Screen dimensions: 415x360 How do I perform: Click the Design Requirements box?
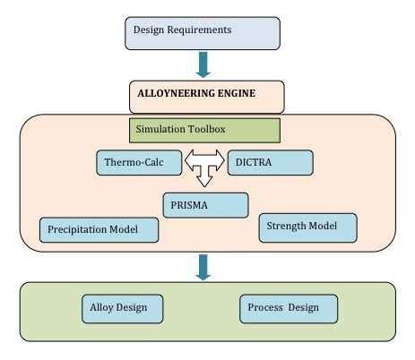pyautogui.click(x=203, y=33)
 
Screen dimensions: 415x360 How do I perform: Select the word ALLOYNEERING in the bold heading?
pyautogui.click(x=176, y=93)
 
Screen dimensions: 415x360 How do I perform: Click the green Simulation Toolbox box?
pyautogui.click(x=204, y=131)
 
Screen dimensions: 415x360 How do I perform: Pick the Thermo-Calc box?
pyautogui.click(x=139, y=163)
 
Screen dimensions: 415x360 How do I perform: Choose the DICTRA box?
pyautogui.click(x=271, y=163)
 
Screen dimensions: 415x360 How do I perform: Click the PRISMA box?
pyautogui.click(x=205, y=205)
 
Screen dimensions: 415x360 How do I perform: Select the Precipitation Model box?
pyautogui.click(x=99, y=230)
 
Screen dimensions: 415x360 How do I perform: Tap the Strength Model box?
pyautogui.click(x=307, y=227)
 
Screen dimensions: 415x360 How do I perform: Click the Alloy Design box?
pyautogui.click(x=123, y=309)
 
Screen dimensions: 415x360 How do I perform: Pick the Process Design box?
pyautogui.click(x=289, y=309)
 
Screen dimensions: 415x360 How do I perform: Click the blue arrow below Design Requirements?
pyautogui.click(x=203, y=64)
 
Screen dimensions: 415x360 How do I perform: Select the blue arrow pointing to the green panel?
pyautogui.click(x=203, y=268)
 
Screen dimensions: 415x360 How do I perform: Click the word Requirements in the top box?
pyautogui.click(x=199, y=30)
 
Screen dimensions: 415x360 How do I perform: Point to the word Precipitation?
pyautogui.click(x=77, y=229)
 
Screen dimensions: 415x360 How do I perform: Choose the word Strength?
pyautogui.click(x=286, y=226)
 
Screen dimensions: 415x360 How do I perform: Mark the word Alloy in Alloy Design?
pyautogui.click(x=101, y=307)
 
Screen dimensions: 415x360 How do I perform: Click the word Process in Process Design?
pyautogui.click(x=265, y=307)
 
